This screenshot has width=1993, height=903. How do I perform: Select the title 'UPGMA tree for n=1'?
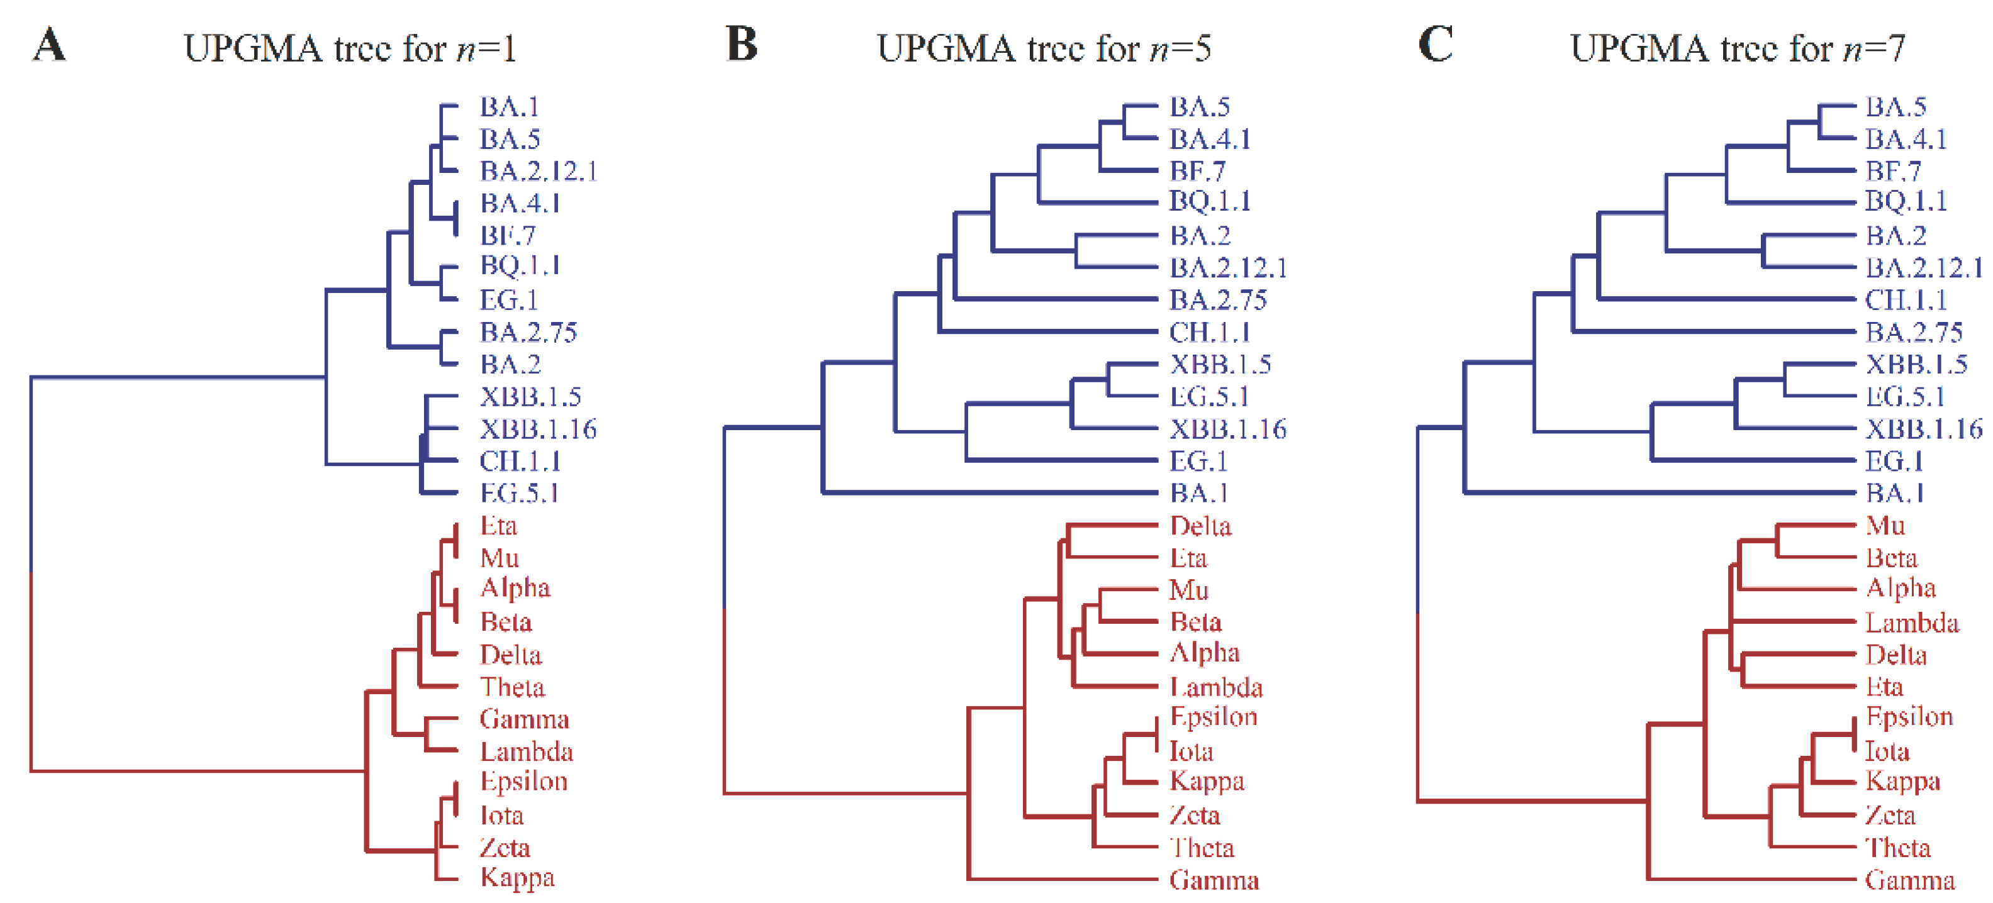350,48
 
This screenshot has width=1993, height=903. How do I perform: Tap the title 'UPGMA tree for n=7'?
1737,48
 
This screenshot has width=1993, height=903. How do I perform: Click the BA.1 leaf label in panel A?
509,107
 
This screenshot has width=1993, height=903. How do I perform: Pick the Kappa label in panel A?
517,878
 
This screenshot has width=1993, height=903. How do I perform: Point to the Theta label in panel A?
512,687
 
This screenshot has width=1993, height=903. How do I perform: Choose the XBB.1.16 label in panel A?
538,428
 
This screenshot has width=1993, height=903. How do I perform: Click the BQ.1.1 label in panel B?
1210,201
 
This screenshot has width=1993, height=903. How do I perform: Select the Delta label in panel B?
1200,526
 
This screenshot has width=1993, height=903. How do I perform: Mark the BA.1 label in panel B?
1199,492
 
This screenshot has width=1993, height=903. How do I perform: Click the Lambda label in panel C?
1912,623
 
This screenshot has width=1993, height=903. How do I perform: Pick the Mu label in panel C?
1885,526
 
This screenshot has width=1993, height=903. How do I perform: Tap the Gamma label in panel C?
1909,880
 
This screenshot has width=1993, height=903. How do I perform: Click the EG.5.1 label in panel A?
519,492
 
